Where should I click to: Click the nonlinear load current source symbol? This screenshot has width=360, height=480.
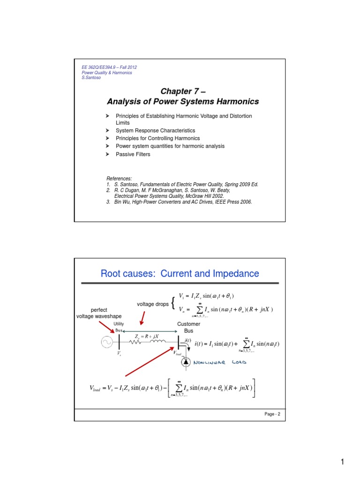tap(185, 361)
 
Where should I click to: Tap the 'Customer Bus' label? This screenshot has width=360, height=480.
tap(188, 327)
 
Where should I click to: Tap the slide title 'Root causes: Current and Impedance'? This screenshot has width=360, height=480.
tap(180, 273)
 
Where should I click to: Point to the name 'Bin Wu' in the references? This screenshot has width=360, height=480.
tap(117, 202)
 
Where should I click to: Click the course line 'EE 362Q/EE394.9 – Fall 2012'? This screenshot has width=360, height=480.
tap(109, 67)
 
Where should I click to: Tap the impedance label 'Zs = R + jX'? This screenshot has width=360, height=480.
tap(147, 336)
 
